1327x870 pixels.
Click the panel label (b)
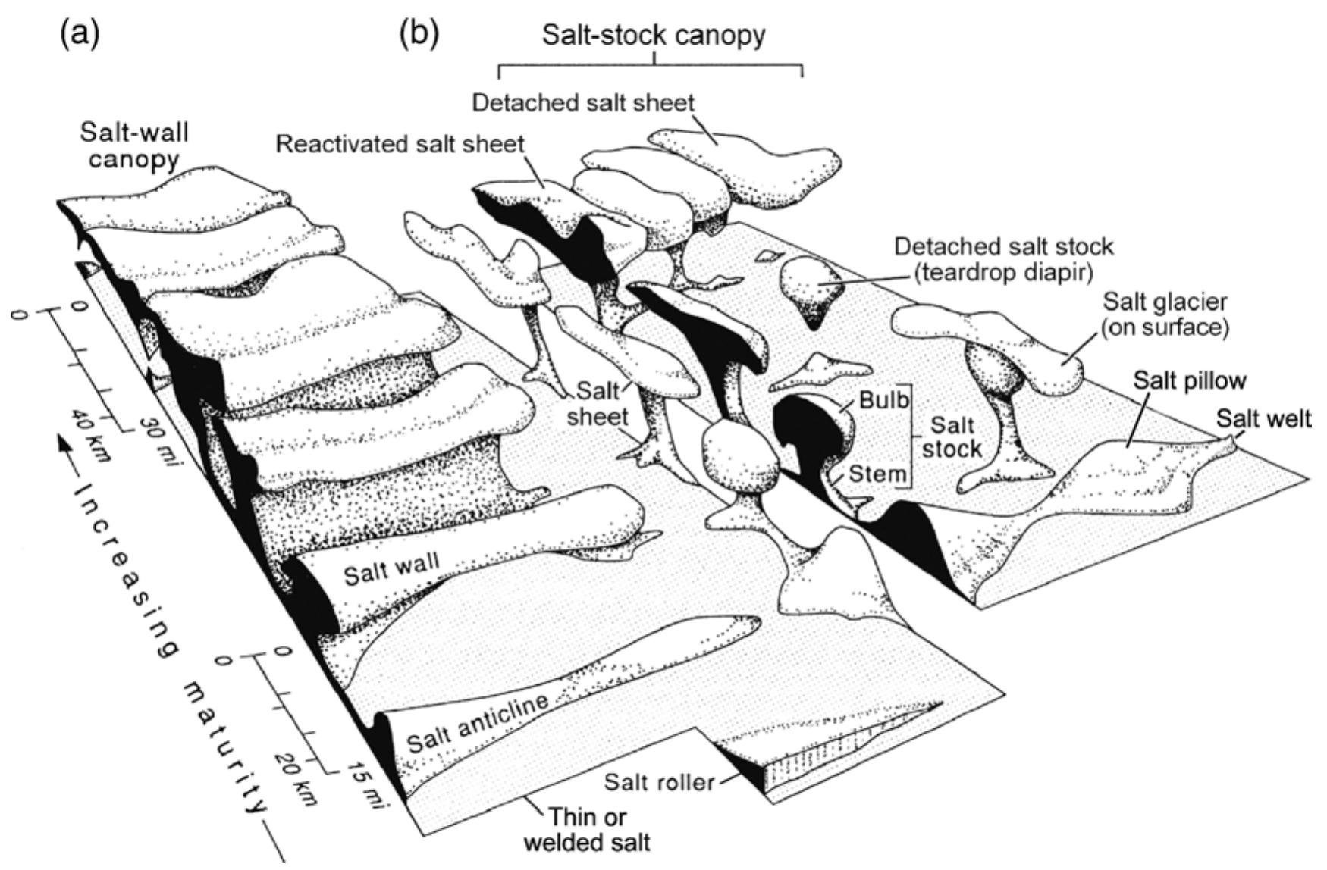coord(419,34)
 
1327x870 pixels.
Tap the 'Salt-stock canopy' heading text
coord(654,34)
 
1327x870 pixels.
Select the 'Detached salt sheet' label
coord(582,102)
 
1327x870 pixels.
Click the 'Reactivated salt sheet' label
coord(400,144)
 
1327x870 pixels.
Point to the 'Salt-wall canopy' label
coord(134,146)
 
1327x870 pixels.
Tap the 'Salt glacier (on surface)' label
coord(1165,314)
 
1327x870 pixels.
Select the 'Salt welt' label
coord(1263,418)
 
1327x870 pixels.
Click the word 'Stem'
coord(877,474)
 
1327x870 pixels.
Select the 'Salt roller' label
coord(659,781)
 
